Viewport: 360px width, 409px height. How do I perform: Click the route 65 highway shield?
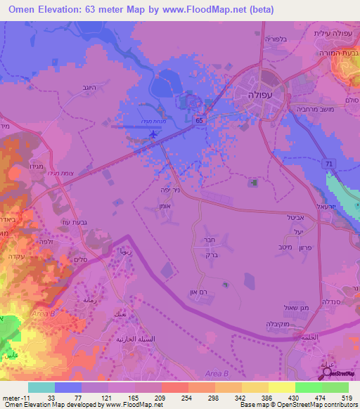pyautogui.click(x=200, y=120)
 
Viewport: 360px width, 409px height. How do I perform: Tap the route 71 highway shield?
pyautogui.click(x=329, y=162)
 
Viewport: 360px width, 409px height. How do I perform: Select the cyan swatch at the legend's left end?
pyautogui.click(x=41, y=387)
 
